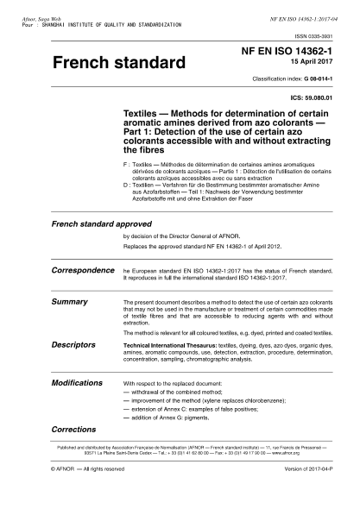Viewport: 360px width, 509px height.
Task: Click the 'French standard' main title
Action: pyautogui.click(x=118, y=64)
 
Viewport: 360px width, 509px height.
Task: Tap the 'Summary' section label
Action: pyautogui.click(x=69, y=303)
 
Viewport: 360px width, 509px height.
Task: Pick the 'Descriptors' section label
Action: pyautogui.click(x=73, y=343)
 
